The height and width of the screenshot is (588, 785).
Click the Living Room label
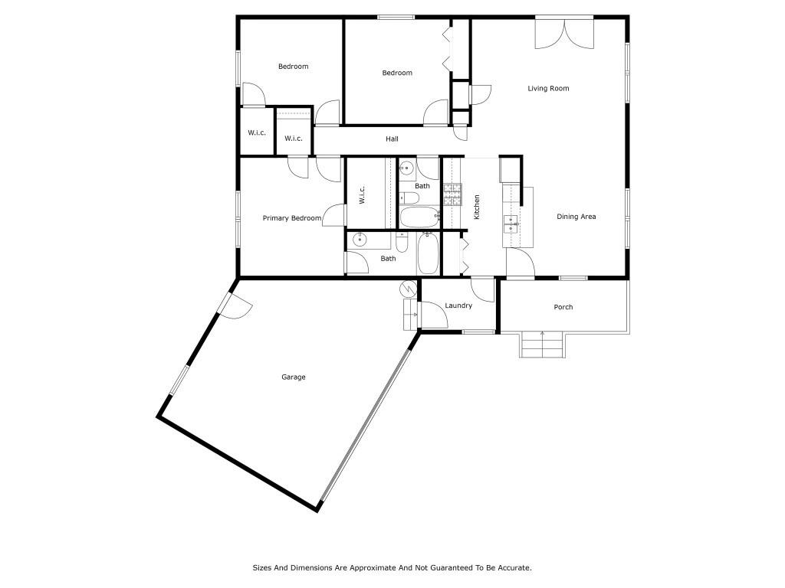[x=548, y=89]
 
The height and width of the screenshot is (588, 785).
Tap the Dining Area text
[x=576, y=217]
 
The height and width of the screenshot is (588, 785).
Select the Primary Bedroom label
[x=291, y=218]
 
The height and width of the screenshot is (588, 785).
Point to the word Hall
[x=392, y=139]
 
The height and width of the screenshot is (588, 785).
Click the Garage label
[x=293, y=377]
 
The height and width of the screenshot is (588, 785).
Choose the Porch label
[x=563, y=307]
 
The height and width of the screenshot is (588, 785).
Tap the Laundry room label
[x=458, y=306]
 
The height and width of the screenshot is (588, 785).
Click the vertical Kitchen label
[x=477, y=207]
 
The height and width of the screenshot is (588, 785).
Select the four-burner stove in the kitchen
[x=452, y=194]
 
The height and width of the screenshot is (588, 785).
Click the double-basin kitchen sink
[x=511, y=224]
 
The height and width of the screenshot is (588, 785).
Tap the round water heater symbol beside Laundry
[x=409, y=289]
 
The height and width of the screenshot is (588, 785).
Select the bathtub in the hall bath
[x=419, y=217]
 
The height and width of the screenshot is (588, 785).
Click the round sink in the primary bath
[x=360, y=240]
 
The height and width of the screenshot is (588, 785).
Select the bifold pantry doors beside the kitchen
[x=463, y=256]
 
